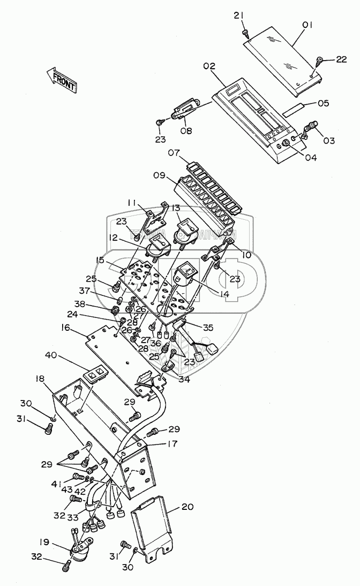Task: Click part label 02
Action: (x=209, y=66)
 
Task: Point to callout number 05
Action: (x=323, y=102)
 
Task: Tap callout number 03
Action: (x=328, y=141)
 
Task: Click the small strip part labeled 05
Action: (x=295, y=110)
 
